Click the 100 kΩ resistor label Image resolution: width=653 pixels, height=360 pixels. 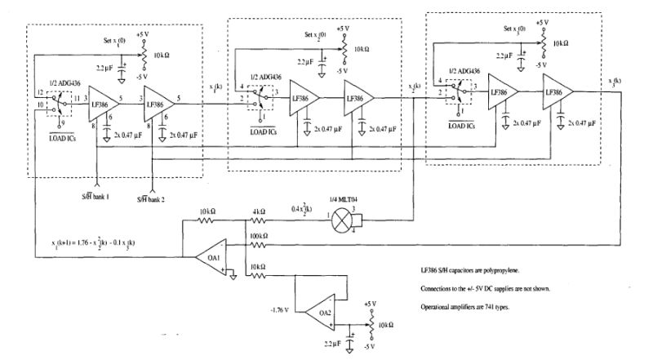[260, 235]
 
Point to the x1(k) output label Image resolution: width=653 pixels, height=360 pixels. [215, 87]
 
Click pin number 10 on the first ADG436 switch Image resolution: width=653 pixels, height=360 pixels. [39, 106]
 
